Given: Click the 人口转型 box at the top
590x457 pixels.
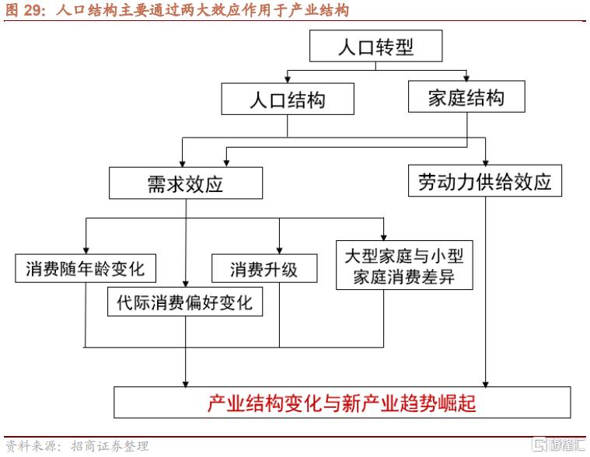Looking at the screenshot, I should point(376,47).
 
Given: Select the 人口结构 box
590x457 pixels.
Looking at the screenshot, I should point(288,99).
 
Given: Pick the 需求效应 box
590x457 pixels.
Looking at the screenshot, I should point(185,183).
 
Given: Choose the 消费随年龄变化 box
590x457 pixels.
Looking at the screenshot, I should point(85,269).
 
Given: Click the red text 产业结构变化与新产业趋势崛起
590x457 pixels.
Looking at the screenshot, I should point(341,403).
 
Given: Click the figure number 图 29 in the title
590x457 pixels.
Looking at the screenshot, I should point(26,10).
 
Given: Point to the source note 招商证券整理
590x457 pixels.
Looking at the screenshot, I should point(110,446).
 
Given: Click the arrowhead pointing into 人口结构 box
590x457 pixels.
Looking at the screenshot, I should point(288,81).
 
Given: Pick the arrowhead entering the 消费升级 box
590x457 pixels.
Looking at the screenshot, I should point(279,250).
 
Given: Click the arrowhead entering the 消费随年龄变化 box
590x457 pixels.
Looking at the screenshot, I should point(85,250).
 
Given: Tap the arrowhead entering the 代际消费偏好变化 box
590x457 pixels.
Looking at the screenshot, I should point(186,284).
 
